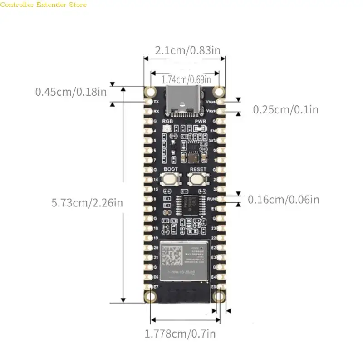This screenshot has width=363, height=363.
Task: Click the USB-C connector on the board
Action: point(181,101)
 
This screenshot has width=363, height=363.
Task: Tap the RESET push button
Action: point(198,179)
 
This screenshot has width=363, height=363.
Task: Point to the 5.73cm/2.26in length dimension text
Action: point(87,202)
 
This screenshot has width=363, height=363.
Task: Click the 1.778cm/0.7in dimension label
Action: point(180,334)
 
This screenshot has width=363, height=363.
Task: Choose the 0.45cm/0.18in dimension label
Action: point(71,92)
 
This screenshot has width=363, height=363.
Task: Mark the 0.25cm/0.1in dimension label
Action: point(285,109)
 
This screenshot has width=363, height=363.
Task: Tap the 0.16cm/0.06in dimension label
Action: point(283,199)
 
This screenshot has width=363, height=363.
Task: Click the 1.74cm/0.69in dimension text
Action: point(186,79)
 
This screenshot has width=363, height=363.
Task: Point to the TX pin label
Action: point(157,102)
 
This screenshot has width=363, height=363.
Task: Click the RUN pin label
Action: point(210,199)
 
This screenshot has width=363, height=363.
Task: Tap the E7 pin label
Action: point(156,287)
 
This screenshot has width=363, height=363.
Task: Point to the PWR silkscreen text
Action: point(201,121)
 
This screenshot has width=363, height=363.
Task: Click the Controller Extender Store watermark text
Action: point(43,5)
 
